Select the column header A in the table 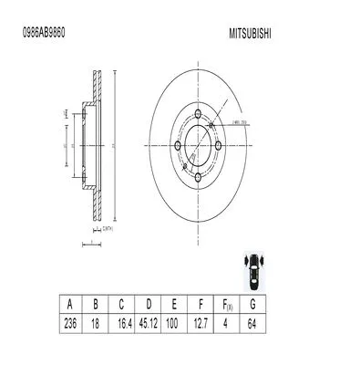(x=68, y=303)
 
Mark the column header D (x=149, y=303)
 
